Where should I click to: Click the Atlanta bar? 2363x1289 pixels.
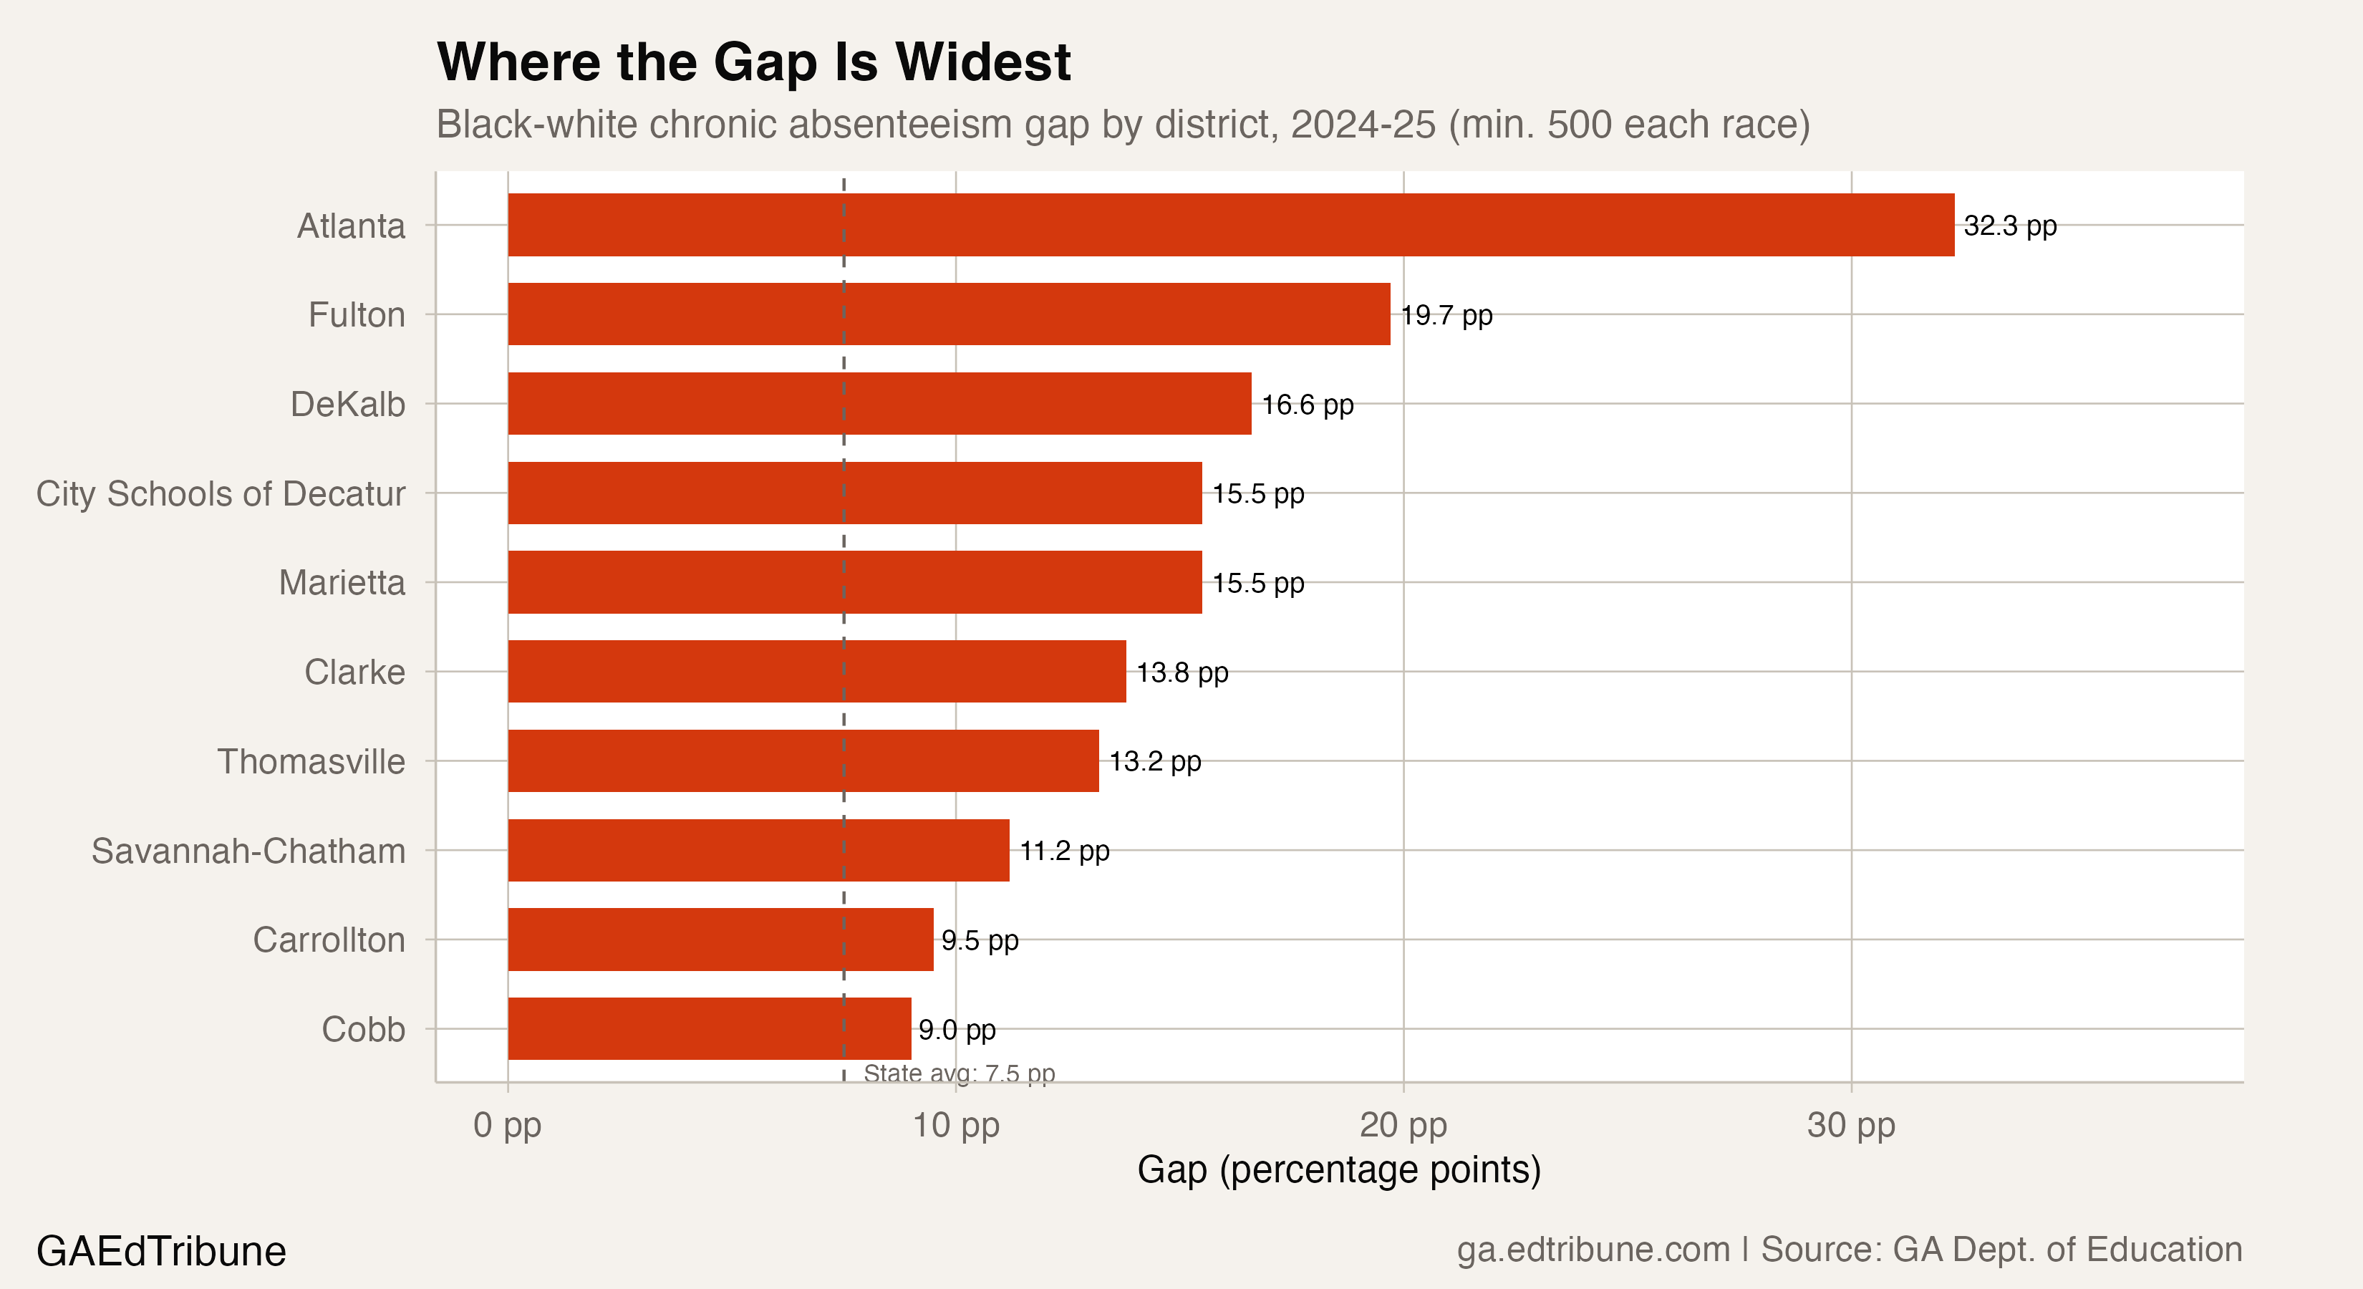click(x=1230, y=225)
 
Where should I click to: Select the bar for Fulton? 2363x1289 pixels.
click(x=949, y=314)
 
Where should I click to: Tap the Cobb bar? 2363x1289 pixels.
click(x=709, y=1028)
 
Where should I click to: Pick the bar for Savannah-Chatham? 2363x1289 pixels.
click(x=758, y=851)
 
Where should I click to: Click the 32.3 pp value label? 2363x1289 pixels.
click(x=2009, y=226)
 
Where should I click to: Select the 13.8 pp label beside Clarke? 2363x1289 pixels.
click(x=1181, y=672)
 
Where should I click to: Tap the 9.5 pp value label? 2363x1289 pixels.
click(x=979, y=940)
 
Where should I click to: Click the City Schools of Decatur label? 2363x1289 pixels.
click(x=220, y=493)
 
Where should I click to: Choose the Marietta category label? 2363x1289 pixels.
click(x=342, y=583)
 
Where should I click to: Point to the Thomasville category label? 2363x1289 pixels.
click(x=310, y=761)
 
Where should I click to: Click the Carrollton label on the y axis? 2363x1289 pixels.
click(x=329, y=940)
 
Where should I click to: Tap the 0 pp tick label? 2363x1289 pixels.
click(x=507, y=1125)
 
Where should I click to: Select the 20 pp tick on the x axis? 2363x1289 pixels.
click(x=1403, y=1125)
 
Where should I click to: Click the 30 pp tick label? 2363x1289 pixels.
click(x=1850, y=1125)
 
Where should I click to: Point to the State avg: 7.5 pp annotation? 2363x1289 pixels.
click(x=959, y=1073)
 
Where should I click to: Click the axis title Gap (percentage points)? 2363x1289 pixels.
click(x=1338, y=1169)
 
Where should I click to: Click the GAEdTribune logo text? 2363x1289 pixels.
click(x=160, y=1251)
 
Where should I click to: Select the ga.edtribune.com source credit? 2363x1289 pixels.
click(x=1593, y=1250)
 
